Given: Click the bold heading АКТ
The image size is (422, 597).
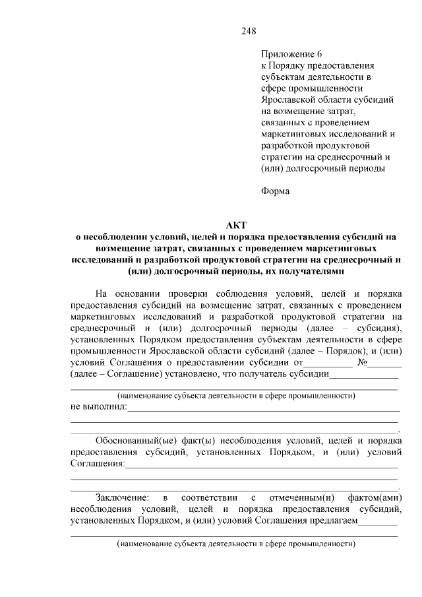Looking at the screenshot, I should [235, 225].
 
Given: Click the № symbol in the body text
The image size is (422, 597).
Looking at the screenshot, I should [362, 362].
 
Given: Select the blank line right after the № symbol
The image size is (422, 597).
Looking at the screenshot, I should [386, 363].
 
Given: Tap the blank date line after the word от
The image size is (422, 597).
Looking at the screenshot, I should [328, 363].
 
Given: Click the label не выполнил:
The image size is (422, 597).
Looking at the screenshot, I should [98, 407].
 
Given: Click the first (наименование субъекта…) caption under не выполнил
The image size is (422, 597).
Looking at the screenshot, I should [235, 396].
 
